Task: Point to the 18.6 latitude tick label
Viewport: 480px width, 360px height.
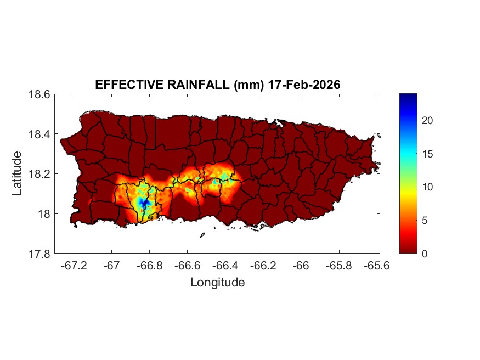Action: click(39, 94)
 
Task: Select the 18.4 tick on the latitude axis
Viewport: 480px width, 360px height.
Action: click(39, 134)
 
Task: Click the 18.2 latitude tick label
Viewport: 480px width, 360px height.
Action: click(39, 174)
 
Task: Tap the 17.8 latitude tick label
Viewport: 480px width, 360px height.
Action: click(39, 254)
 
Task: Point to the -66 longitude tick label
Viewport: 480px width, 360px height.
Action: click(301, 266)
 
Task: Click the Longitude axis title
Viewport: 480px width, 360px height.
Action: click(217, 283)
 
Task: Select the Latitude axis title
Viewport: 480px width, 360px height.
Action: click(17, 173)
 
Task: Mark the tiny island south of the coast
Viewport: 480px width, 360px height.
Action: click(202, 235)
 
